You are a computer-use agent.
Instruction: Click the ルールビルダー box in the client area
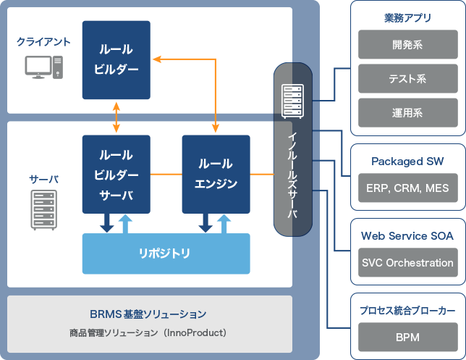pyautogui.click(x=116, y=60)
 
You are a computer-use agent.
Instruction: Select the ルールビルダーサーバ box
pyautogui.click(x=116, y=174)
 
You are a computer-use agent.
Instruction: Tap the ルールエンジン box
pyautogui.click(x=216, y=174)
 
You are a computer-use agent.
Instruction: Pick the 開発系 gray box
pyautogui.click(x=407, y=45)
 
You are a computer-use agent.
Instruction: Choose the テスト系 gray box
pyautogui.click(x=407, y=79)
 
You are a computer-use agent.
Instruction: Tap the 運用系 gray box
pyautogui.click(x=407, y=113)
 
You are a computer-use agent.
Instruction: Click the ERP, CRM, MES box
pyautogui.click(x=407, y=188)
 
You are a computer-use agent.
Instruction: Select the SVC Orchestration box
pyautogui.click(x=407, y=262)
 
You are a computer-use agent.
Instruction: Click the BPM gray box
pyautogui.click(x=407, y=337)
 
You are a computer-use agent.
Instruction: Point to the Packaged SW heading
pyautogui.click(x=407, y=161)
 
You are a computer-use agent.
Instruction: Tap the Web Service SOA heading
pyautogui.click(x=407, y=235)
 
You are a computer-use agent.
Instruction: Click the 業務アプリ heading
pyautogui.click(x=407, y=17)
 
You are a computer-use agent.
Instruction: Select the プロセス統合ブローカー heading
pyautogui.click(x=407, y=310)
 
